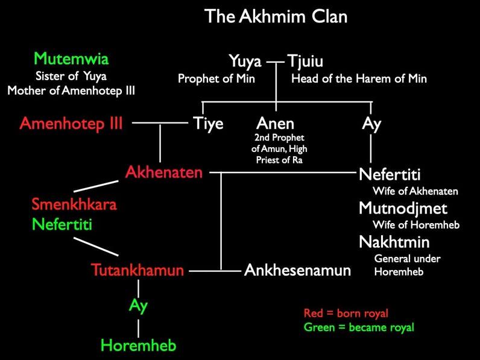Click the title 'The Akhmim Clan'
point(276,16)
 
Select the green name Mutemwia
point(71,58)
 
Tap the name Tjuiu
point(305,61)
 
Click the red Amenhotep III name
point(71,124)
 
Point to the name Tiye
point(208,124)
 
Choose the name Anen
point(275,124)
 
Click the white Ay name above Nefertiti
point(371,124)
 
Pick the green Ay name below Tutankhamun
point(138,306)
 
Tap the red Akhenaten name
point(164,172)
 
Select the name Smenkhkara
point(74,204)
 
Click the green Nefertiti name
point(62,224)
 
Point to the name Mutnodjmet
point(403,209)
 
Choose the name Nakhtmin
point(394,242)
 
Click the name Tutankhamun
point(137,270)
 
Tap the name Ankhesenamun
point(297,270)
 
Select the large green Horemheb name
point(139,346)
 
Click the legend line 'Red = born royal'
point(346,313)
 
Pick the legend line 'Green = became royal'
point(359,327)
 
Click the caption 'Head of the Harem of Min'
point(359,78)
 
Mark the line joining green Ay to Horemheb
point(138,328)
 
